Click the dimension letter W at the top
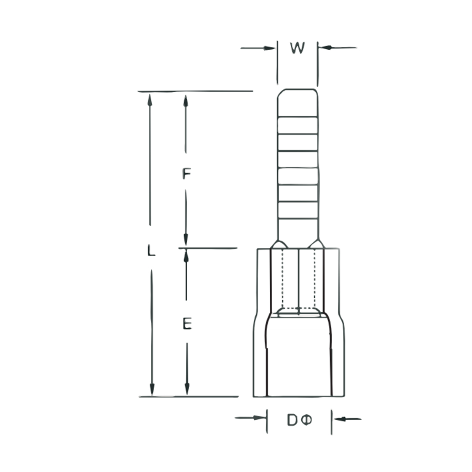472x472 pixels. (297, 48)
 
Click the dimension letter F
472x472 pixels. (186, 174)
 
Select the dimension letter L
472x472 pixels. (151, 251)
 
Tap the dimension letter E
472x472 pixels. (187, 324)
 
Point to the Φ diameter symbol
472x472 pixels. (307, 420)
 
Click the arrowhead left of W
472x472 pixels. (270, 48)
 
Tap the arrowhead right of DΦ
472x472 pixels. (339, 419)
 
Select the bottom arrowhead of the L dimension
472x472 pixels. (152, 390)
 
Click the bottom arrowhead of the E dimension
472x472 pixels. (187, 390)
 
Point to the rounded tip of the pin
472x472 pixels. (298, 90)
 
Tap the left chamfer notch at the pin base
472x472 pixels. (278, 244)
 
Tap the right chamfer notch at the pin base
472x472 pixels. (316, 244)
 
